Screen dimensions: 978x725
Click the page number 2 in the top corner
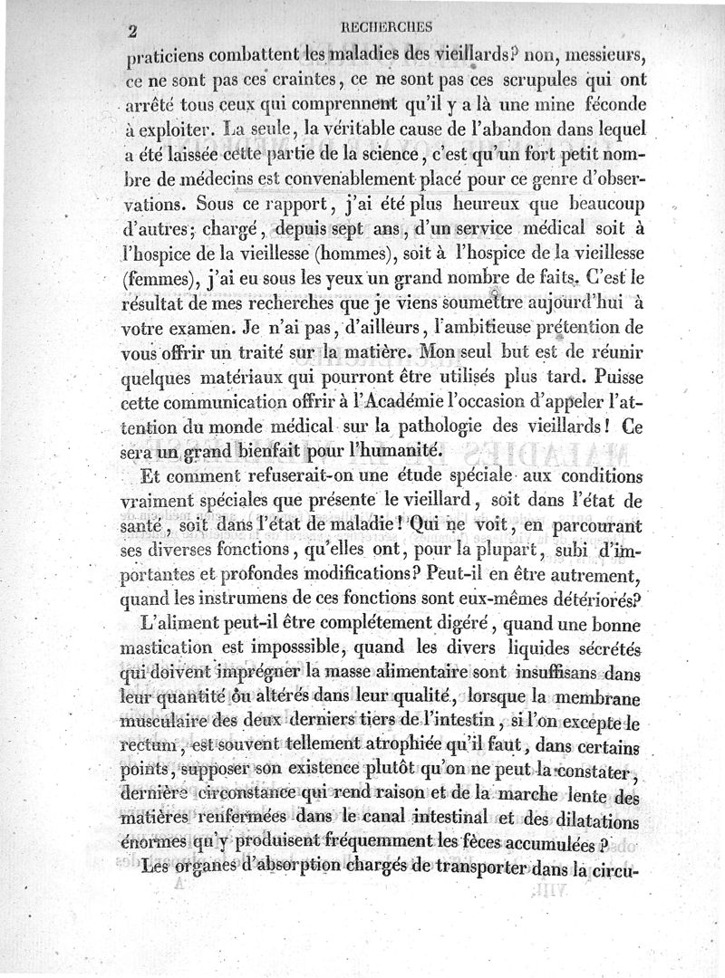tap(132, 31)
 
